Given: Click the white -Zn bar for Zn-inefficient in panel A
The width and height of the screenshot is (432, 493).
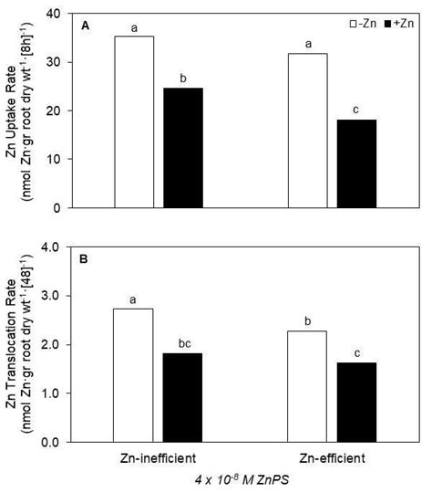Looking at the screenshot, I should tap(134, 121).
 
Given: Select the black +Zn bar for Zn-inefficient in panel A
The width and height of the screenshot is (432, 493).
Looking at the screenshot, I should tap(178, 147).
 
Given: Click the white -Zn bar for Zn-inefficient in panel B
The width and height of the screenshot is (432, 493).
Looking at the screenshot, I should tap(134, 374).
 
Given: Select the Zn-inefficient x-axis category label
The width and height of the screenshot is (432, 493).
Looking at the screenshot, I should tap(156, 455).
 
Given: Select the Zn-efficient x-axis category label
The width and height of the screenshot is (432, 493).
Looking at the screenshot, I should tap(329, 455).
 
